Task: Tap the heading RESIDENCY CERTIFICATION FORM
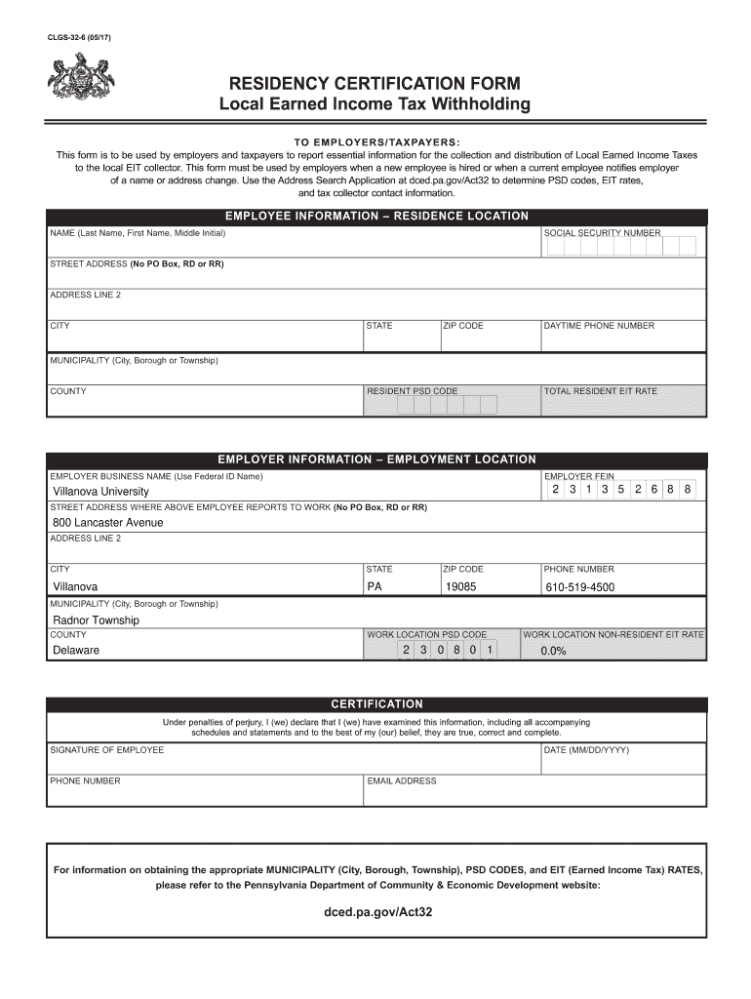[375, 84]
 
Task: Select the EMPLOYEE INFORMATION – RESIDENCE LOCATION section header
[376, 216]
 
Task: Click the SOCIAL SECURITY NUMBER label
[602, 233]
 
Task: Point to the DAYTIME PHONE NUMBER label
[599, 326]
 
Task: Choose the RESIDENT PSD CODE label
[412, 391]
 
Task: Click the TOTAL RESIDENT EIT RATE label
[601, 391]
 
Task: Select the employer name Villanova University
[100, 492]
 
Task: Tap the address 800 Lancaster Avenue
[107, 523]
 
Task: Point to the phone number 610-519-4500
[579, 587]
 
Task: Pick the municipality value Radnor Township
[96, 620]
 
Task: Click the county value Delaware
[76, 651]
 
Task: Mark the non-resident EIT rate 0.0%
[553, 651]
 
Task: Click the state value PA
[375, 587]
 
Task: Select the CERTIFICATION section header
[376, 703]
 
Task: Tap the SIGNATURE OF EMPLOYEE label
[107, 750]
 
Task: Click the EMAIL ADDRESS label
[401, 781]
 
